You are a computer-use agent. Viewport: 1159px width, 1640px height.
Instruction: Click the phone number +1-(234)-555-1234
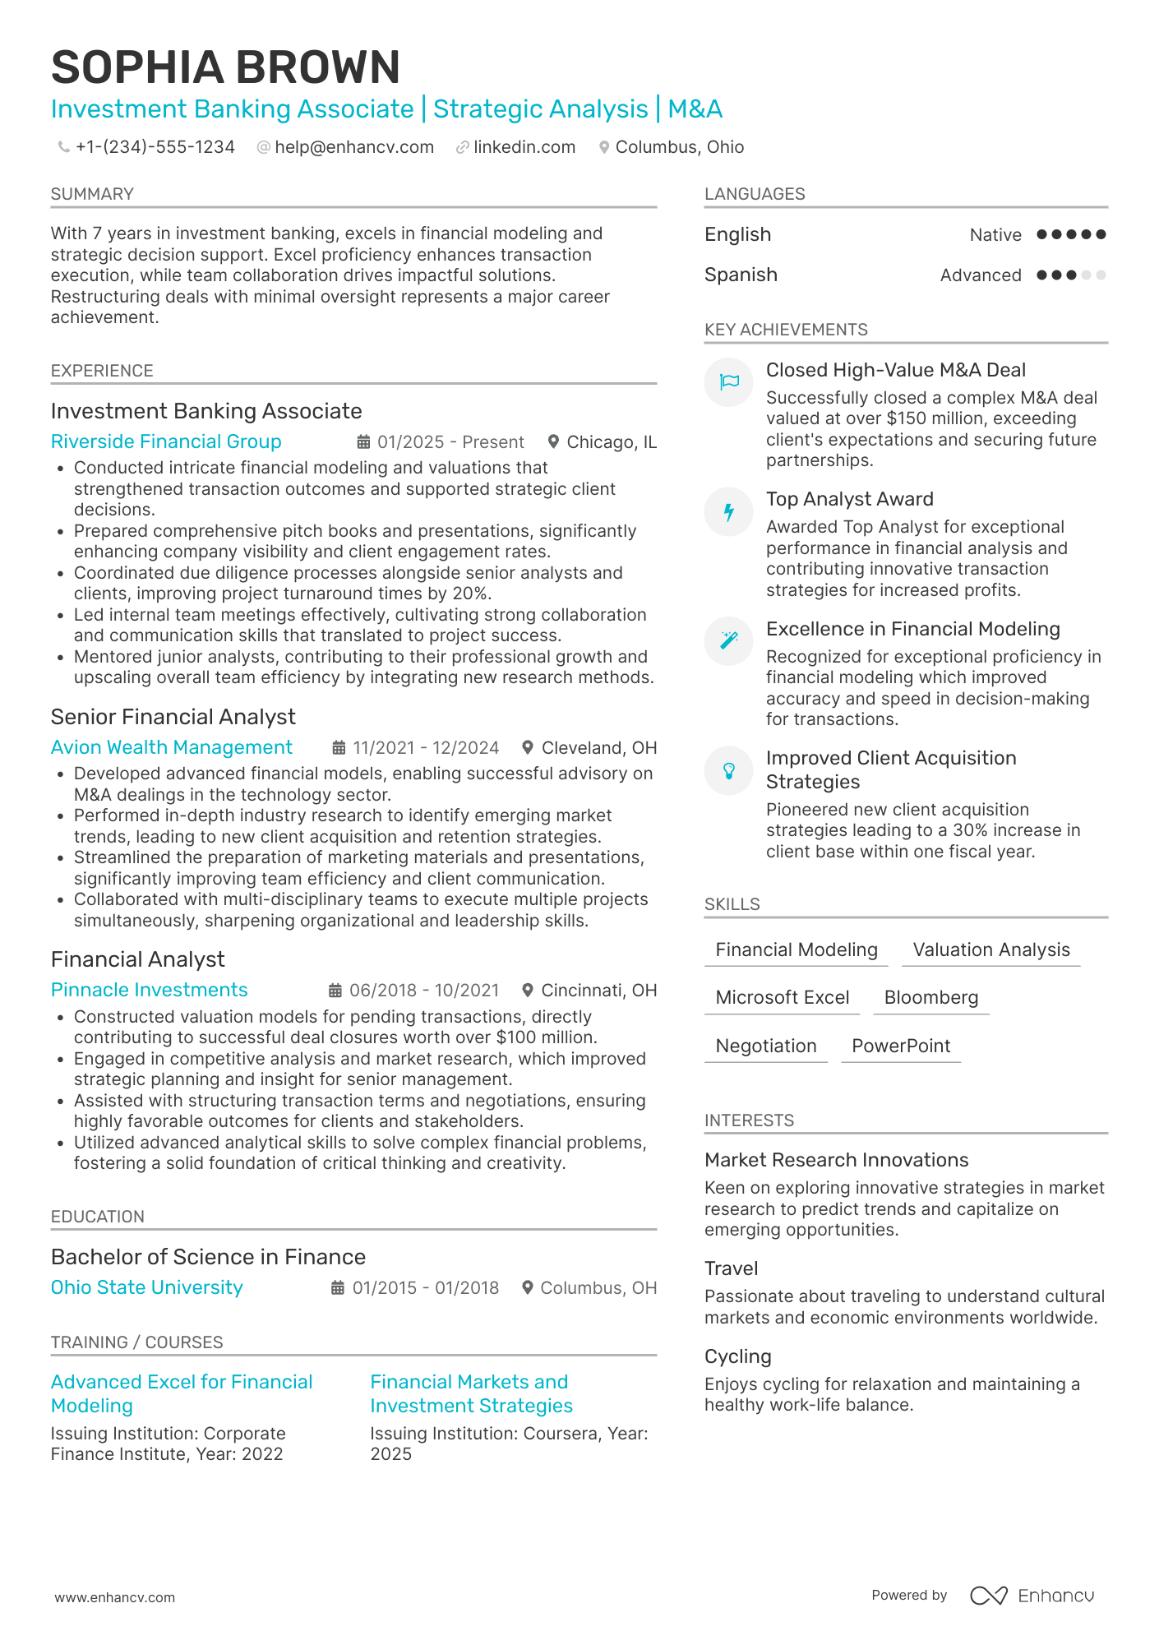click(155, 147)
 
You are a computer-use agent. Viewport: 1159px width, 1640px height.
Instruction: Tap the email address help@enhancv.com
click(354, 147)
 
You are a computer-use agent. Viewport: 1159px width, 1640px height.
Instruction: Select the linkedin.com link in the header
click(524, 147)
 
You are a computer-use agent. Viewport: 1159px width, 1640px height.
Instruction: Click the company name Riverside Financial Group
click(166, 441)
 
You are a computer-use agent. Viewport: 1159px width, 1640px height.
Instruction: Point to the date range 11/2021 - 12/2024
click(426, 748)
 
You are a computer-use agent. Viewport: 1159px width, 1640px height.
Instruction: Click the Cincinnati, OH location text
click(598, 991)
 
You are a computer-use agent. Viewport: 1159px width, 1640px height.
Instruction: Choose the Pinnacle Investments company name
click(149, 990)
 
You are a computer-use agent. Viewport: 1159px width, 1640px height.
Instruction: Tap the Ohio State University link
click(146, 1287)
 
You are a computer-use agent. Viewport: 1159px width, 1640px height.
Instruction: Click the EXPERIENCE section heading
click(102, 371)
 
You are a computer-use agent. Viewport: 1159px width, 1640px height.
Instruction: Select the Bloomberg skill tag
click(931, 998)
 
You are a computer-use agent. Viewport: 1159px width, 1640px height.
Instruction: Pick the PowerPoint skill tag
click(901, 1046)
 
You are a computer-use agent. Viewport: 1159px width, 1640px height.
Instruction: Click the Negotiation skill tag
click(766, 1046)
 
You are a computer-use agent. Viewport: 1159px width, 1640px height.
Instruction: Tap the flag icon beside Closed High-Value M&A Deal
click(729, 382)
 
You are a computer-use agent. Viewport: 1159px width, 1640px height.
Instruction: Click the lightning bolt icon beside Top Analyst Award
click(729, 512)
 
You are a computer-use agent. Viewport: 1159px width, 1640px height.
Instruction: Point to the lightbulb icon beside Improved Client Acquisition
click(729, 770)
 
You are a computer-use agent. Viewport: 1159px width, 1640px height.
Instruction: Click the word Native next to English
click(995, 235)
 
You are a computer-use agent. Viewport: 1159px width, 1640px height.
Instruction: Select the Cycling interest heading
click(738, 1356)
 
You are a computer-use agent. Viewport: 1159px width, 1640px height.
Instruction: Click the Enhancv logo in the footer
click(1032, 1596)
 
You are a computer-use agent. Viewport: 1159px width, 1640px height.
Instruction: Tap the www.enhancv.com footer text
click(115, 1597)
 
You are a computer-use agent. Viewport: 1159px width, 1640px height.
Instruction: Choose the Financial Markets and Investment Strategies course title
click(471, 1393)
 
